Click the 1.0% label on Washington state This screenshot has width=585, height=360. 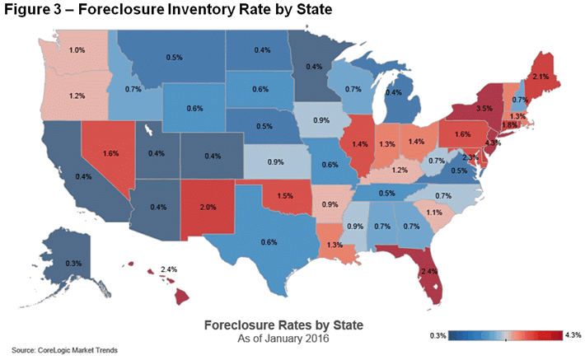(77, 51)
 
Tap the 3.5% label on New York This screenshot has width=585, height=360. (485, 108)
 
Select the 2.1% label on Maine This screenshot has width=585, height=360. (541, 77)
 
